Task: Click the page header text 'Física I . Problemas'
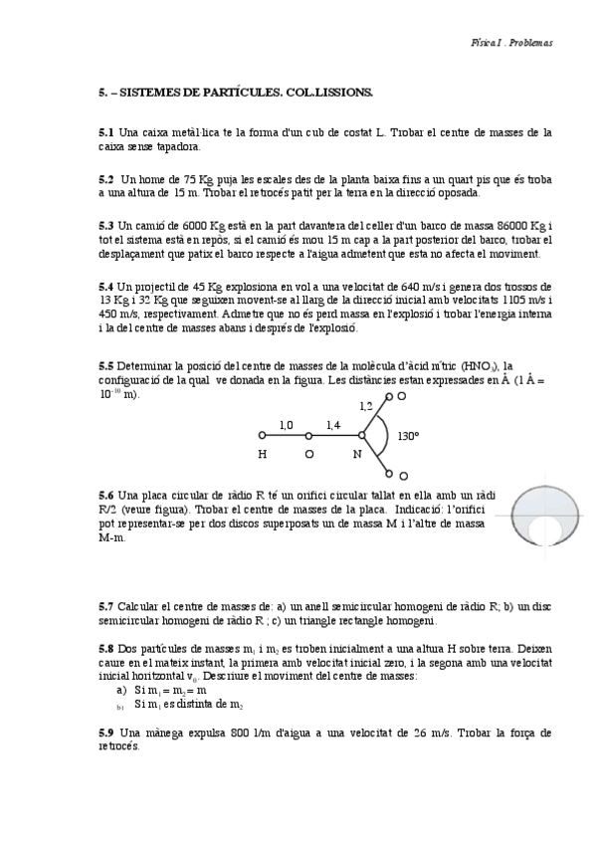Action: coord(511,43)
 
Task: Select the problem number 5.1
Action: coord(105,132)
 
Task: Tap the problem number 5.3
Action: coord(105,225)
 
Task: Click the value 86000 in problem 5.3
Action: coord(488,225)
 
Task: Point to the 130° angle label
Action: coord(408,436)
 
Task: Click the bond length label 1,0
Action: coord(286,425)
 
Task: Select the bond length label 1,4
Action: coord(334,425)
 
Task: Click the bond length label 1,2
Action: coord(366,406)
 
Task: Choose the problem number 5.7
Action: coord(105,606)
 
